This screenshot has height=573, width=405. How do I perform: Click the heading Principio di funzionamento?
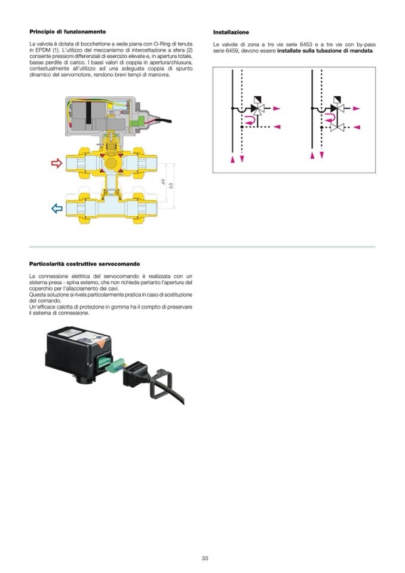coord(67,32)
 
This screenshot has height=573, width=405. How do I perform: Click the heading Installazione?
coord(231,32)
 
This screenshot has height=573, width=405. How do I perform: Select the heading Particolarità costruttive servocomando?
coord(84,264)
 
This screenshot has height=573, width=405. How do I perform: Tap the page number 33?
coord(205,559)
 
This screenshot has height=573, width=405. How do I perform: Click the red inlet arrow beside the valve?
coord(57,163)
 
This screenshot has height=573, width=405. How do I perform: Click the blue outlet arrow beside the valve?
coord(57,209)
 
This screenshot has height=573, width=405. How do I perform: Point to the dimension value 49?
coord(163,181)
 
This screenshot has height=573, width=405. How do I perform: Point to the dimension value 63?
coord(171,186)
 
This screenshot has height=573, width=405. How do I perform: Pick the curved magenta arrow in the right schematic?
coord(330,117)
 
